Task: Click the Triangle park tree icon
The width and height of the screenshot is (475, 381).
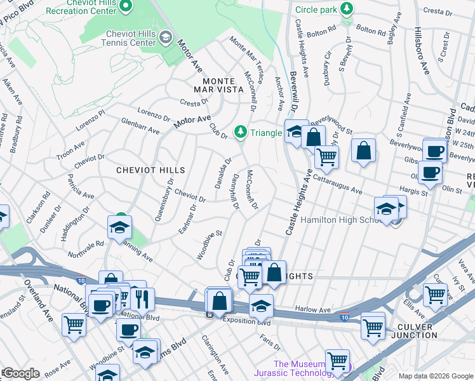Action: (x=240, y=131)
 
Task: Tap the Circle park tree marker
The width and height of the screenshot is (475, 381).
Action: (x=347, y=9)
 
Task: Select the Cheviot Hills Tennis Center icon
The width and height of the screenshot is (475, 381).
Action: (x=165, y=37)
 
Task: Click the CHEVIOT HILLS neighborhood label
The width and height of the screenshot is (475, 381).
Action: (x=151, y=170)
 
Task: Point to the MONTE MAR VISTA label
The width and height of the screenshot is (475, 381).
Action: (x=214, y=86)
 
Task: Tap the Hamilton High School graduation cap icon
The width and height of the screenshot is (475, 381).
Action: (x=386, y=208)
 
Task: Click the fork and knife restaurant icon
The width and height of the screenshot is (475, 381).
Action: (x=142, y=298)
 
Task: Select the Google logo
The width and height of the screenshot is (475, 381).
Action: (x=20, y=373)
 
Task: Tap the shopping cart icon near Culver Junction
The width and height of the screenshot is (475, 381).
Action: (x=436, y=294)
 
